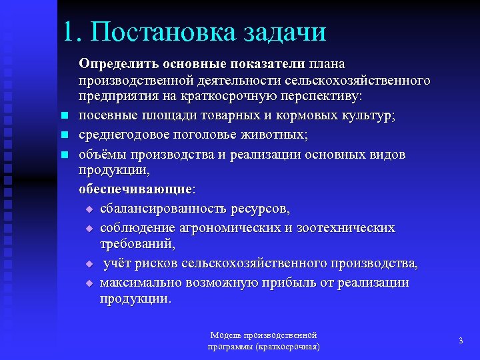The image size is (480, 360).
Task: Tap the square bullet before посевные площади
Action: point(65,117)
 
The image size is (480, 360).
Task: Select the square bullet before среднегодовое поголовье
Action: point(65,135)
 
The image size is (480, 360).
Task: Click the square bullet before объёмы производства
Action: point(65,155)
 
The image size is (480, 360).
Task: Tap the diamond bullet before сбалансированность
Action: point(90,210)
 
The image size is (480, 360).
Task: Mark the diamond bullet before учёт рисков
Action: point(90,265)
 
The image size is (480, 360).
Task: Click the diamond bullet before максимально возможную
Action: point(90,283)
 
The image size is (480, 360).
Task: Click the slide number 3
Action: point(461,341)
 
